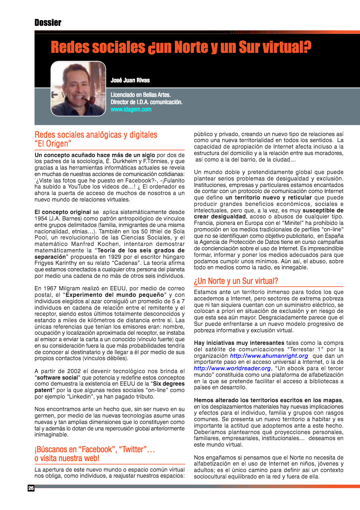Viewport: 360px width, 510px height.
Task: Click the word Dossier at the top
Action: point(48,23)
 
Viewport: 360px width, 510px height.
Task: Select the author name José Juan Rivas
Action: point(130,80)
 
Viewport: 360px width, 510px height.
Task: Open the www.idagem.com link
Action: point(131,109)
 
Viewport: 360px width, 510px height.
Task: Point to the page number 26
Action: point(31,488)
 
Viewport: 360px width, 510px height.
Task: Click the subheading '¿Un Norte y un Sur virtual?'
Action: point(236,281)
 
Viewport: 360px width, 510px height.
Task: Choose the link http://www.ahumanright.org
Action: point(269,356)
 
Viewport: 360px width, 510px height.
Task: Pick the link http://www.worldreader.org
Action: point(232,368)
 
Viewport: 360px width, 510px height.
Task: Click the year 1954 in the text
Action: point(42,218)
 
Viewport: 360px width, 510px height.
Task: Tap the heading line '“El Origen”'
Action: point(53,143)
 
